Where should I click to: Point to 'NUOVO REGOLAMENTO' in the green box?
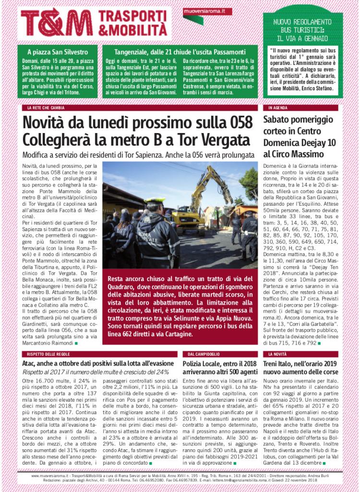(302, 22)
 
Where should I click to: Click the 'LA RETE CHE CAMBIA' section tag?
(46, 108)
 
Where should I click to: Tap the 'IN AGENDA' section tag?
(278, 108)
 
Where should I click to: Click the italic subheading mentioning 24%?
(96, 371)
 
